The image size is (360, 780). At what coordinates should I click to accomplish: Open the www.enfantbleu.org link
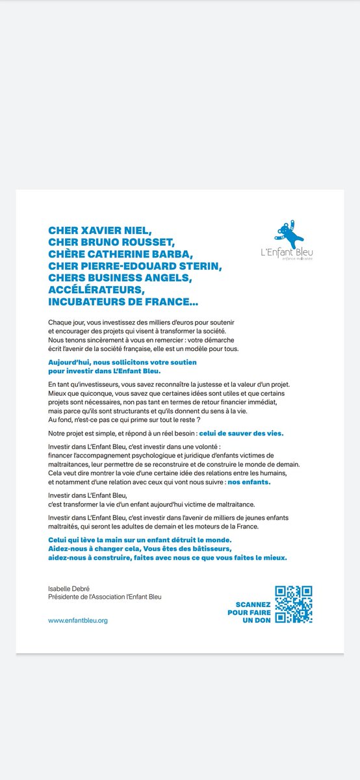[x=78, y=621]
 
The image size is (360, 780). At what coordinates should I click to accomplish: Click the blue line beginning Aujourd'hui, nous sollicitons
[x=122, y=361]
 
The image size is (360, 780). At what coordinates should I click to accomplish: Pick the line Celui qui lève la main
[x=140, y=541]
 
